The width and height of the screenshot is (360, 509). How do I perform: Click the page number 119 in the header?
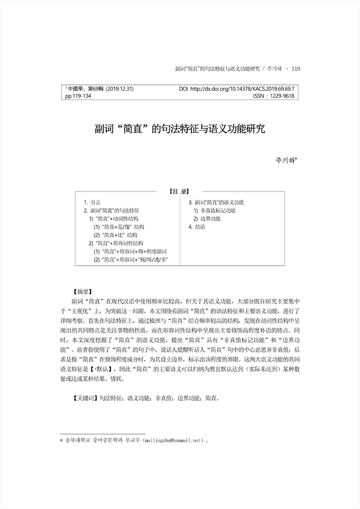(295, 69)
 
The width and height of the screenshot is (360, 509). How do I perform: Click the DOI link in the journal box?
(238, 89)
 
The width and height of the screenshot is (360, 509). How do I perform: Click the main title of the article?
(180, 128)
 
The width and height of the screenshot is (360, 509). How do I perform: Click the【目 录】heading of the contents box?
(180, 192)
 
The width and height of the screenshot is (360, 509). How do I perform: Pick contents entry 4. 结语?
(197, 227)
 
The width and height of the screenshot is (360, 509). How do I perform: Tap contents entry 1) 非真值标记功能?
(214, 211)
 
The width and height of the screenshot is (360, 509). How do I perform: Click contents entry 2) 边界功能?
(208, 219)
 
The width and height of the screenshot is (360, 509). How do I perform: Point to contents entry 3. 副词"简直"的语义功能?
(216, 203)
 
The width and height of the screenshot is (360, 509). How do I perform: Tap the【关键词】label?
(83, 397)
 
